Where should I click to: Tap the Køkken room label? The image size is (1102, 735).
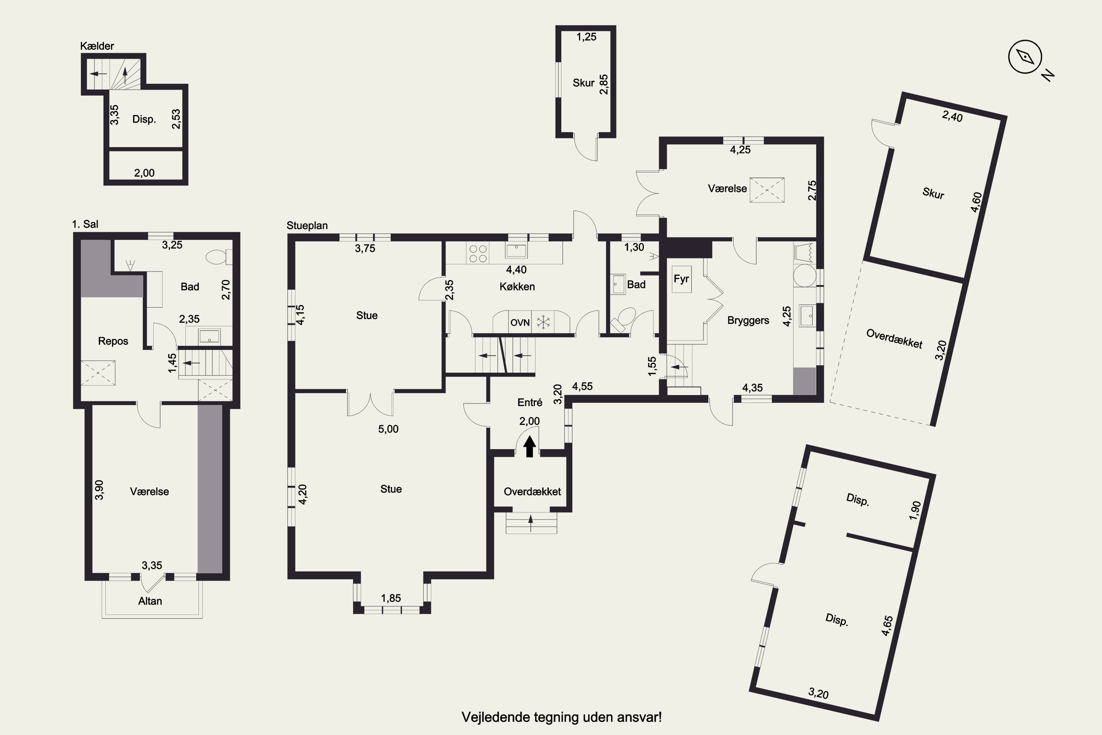coord(517,286)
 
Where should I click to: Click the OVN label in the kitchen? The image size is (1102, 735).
coord(520,323)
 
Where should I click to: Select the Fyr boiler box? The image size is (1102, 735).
coord(681,279)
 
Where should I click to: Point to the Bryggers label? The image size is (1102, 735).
coord(748,320)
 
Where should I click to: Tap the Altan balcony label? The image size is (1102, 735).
coord(150,601)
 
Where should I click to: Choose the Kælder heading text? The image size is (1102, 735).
coord(97,46)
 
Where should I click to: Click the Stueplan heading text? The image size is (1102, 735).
coord(307,226)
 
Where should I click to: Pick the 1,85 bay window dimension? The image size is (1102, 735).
coord(391,598)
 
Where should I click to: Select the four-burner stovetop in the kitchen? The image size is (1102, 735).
coord(478,254)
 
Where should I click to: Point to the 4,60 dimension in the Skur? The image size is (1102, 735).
coord(976,202)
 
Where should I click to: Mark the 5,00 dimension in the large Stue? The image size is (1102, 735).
coord(388,429)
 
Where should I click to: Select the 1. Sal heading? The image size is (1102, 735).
coord(85,224)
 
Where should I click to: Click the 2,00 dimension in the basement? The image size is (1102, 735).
coord(144,173)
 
